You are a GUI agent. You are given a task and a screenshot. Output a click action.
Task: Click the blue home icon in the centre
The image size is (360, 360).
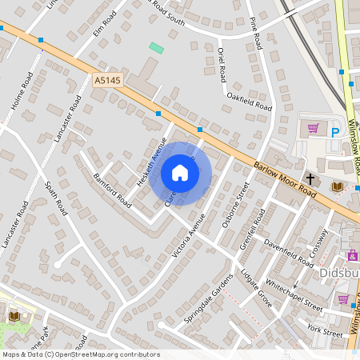(x=180, y=172)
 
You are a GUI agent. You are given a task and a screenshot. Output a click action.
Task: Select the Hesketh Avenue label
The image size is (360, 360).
(x=150, y=163)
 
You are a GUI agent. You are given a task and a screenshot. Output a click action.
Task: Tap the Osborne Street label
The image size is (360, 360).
(x=236, y=205)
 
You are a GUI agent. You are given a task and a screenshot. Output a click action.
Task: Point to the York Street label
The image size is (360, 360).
(x=324, y=329)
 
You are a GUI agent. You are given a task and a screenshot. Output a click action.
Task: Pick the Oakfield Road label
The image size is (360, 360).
(x=249, y=102)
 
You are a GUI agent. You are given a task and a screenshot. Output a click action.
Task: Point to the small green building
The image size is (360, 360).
(x=157, y=48)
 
